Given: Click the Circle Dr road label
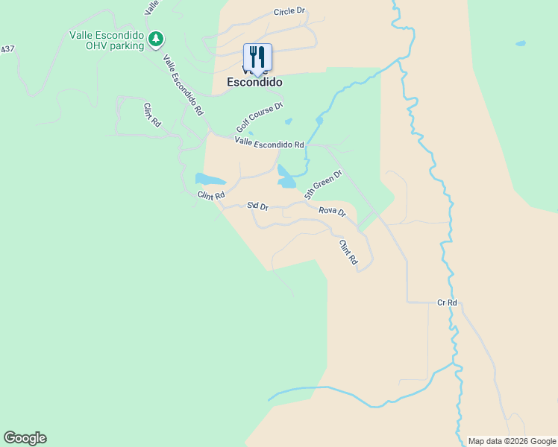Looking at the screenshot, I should (289, 12).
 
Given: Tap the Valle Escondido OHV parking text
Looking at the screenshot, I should (107, 39).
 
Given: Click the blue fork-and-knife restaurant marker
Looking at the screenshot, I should (257, 57).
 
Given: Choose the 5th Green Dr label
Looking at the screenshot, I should (323, 184).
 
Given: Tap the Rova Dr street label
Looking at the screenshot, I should (332, 212).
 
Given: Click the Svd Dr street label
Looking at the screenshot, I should (257, 206).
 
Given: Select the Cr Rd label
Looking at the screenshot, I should (447, 303).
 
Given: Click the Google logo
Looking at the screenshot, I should (25, 438).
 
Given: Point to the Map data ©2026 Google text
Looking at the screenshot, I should (512, 441).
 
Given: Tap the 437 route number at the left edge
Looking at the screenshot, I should (7, 49).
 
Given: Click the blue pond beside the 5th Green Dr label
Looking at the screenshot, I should (286, 177).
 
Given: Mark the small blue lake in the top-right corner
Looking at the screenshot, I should (520, 43).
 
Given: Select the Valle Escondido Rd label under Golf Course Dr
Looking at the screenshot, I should (269, 143).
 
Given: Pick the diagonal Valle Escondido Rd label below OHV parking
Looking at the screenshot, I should (183, 85).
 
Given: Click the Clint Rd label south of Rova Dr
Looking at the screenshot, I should (348, 253).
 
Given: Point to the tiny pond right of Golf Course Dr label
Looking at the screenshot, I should (289, 121).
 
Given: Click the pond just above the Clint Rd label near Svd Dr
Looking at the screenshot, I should (210, 180).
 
